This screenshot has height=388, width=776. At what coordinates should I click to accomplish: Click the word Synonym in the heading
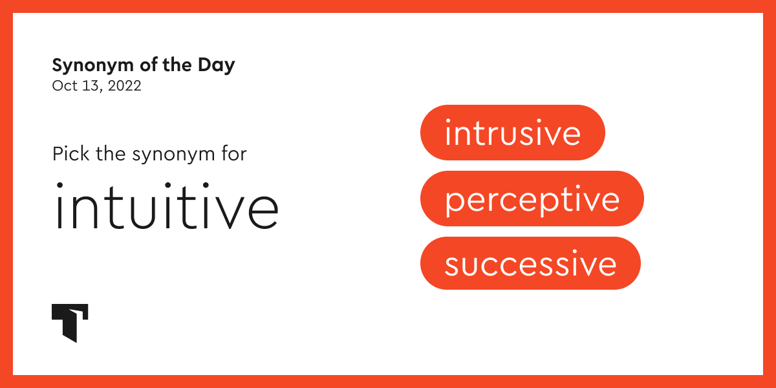93,66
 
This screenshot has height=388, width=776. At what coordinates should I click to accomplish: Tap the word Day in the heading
217,66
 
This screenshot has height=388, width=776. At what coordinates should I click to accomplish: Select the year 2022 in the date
124,85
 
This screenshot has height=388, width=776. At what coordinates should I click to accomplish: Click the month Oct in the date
65,85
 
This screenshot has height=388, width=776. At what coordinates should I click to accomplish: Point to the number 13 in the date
91,85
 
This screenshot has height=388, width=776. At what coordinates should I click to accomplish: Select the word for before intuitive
234,153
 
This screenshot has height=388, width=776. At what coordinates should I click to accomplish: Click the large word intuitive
167,206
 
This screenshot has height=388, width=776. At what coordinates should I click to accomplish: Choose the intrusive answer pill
513,133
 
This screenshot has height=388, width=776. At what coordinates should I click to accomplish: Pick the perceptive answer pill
532,199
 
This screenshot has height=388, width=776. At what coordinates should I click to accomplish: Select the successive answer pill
530,263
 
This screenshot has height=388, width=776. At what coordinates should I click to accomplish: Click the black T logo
70,323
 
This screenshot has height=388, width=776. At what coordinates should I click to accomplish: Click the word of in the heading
148,65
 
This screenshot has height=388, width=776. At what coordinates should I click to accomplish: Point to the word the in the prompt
111,153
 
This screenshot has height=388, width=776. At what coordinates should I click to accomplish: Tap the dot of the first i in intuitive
59,186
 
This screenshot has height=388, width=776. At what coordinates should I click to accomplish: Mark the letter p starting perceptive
454,202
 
